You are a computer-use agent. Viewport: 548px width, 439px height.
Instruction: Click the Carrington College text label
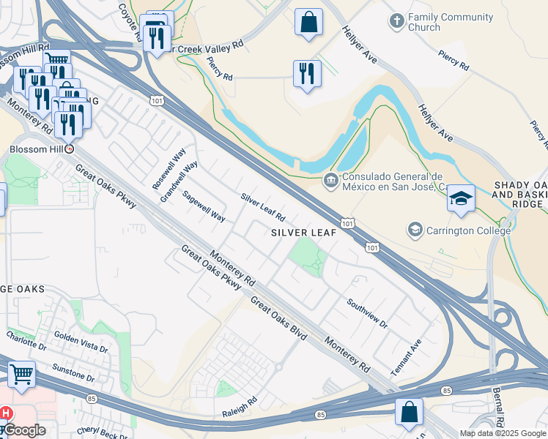pyautogui.click(x=459, y=231)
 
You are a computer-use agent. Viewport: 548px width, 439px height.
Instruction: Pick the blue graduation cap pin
pyautogui.click(x=461, y=199)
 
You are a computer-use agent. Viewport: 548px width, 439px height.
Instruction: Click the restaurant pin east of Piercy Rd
pyautogui.click(x=307, y=73)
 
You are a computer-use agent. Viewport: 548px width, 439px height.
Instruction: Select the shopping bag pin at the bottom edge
pyautogui.click(x=409, y=412)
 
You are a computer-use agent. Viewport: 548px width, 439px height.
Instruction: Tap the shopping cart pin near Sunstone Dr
pyautogui.click(x=21, y=374)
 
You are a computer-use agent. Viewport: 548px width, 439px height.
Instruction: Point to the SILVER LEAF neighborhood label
pyautogui.click(x=303, y=233)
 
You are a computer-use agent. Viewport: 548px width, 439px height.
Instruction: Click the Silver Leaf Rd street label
pyautogui.click(x=262, y=208)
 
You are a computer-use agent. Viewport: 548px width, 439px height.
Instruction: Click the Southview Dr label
pyautogui.click(x=366, y=312)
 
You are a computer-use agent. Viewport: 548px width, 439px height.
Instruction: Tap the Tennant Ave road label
pyautogui.click(x=406, y=358)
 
